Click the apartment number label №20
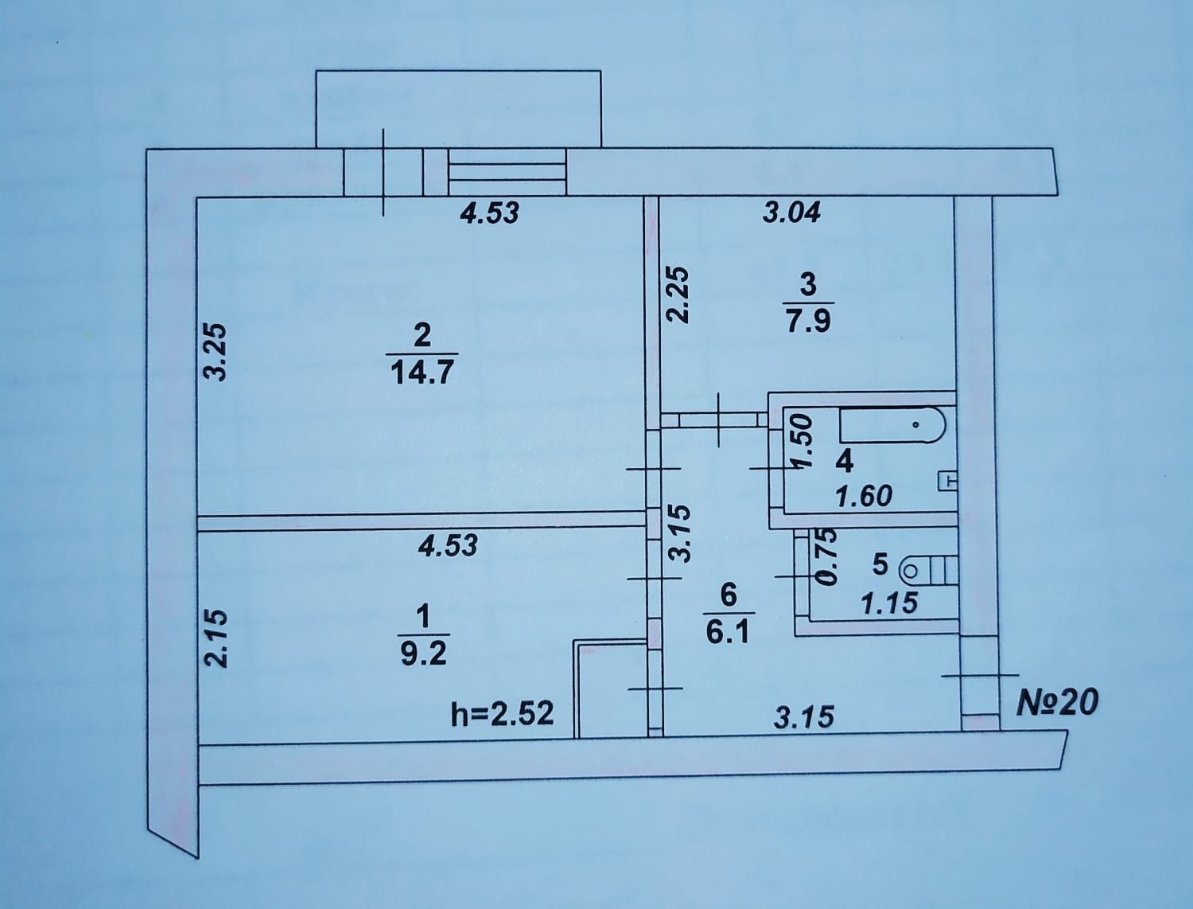pyautogui.click(x=1059, y=703)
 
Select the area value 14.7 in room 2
pyautogui.click(x=422, y=372)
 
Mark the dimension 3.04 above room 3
pyautogui.click(x=791, y=213)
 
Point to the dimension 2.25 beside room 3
pyautogui.click(x=677, y=295)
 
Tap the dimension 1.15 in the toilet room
pyautogui.click(x=889, y=603)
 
